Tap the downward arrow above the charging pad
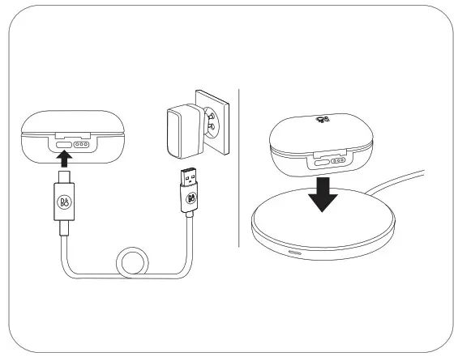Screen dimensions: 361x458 [x=323, y=195]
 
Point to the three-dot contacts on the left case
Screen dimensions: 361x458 [x=79, y=147]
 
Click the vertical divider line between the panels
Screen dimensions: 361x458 [x=240, y=166]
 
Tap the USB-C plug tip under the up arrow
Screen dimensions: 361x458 [x=63, y=176]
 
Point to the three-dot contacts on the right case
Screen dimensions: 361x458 [x=337, y=160]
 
